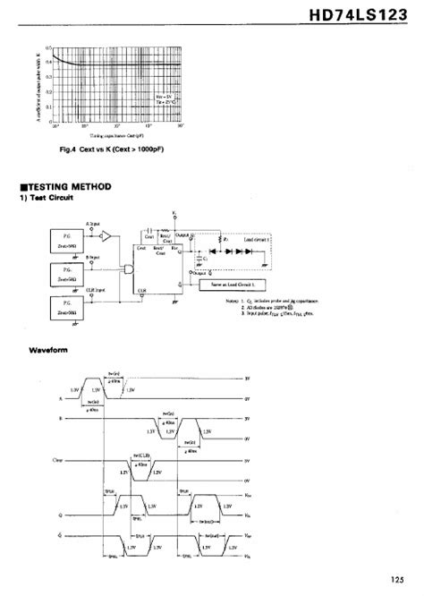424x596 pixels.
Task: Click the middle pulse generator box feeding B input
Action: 61,273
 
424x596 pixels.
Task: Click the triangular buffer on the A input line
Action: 104,237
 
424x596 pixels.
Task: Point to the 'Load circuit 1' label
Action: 255,240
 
